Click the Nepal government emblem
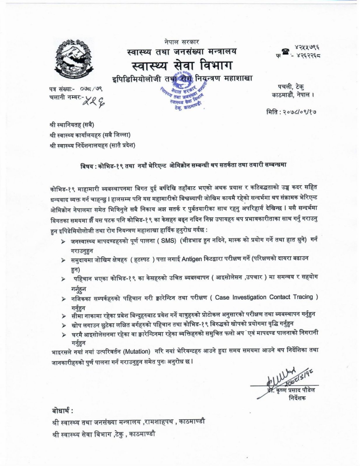[x=74, y=60]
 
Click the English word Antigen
[x=192, y=259]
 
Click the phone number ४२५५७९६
[x=305, y=47]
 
